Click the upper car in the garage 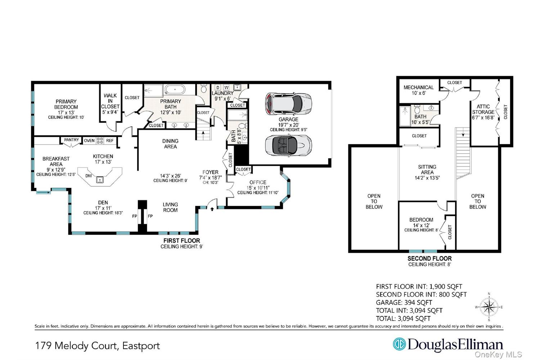point(288,104)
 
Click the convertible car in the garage point(288,145)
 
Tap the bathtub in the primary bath point(175,89)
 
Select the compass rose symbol point(489,307)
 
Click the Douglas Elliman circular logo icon point(400,344)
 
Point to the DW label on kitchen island point(89,176)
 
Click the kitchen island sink point(100,180)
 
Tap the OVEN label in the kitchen point(89,140)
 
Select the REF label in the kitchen point(110,140)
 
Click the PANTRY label point(71,140)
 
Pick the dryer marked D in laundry point(218,87)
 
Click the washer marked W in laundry point(226,87)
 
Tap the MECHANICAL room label point(418,87)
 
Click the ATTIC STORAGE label point(483,109)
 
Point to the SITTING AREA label point(427,170)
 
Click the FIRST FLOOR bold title point(181,240)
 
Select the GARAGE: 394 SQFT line point(404,302)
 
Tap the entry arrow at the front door point(212,209)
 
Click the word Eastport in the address point(141,346)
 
